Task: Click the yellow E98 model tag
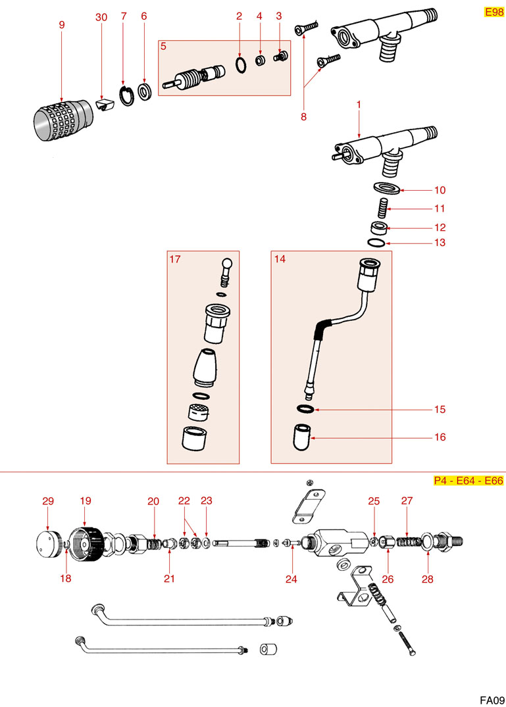(493, 12)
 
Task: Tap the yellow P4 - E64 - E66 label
(468, 481)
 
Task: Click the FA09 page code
(492, 700)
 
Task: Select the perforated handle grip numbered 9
(64, 120)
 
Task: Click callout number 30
(101, 17)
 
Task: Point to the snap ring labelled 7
(126, 95)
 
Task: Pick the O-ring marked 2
(241, 64)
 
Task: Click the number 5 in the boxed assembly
(163, 46)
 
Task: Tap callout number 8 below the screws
(303, 117)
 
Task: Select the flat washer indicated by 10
(386, 187)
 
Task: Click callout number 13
(440, 243)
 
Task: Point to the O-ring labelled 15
(305, 408)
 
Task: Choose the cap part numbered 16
(302, 437)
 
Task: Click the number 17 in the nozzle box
(174, 259)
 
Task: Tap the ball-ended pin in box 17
(226, 271)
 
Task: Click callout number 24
(291, 579)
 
